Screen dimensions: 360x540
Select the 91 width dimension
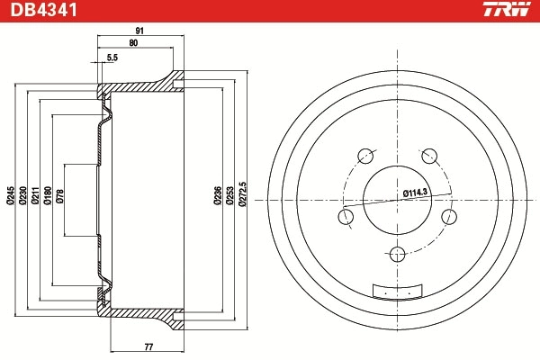tap(139, 31)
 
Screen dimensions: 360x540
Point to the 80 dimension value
tap(134, 43)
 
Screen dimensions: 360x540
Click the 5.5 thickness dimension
tap(112, 58)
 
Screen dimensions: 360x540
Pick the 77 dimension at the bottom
tap(148, 346)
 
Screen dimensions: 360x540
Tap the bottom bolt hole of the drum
tap(397, 256)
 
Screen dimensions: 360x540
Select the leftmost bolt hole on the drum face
tap(345, 216)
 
